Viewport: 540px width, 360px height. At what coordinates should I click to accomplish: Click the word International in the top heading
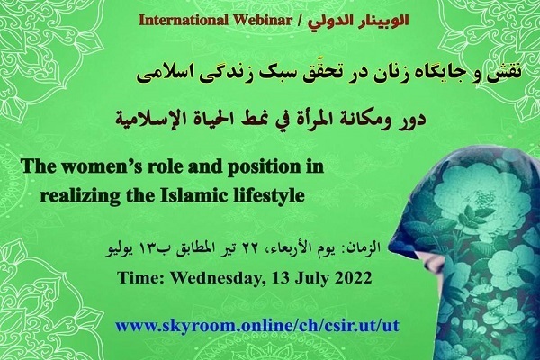[184, 21]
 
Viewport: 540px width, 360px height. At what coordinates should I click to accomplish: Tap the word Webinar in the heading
[262, 21]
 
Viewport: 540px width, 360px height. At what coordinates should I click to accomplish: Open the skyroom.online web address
[257, 325]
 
